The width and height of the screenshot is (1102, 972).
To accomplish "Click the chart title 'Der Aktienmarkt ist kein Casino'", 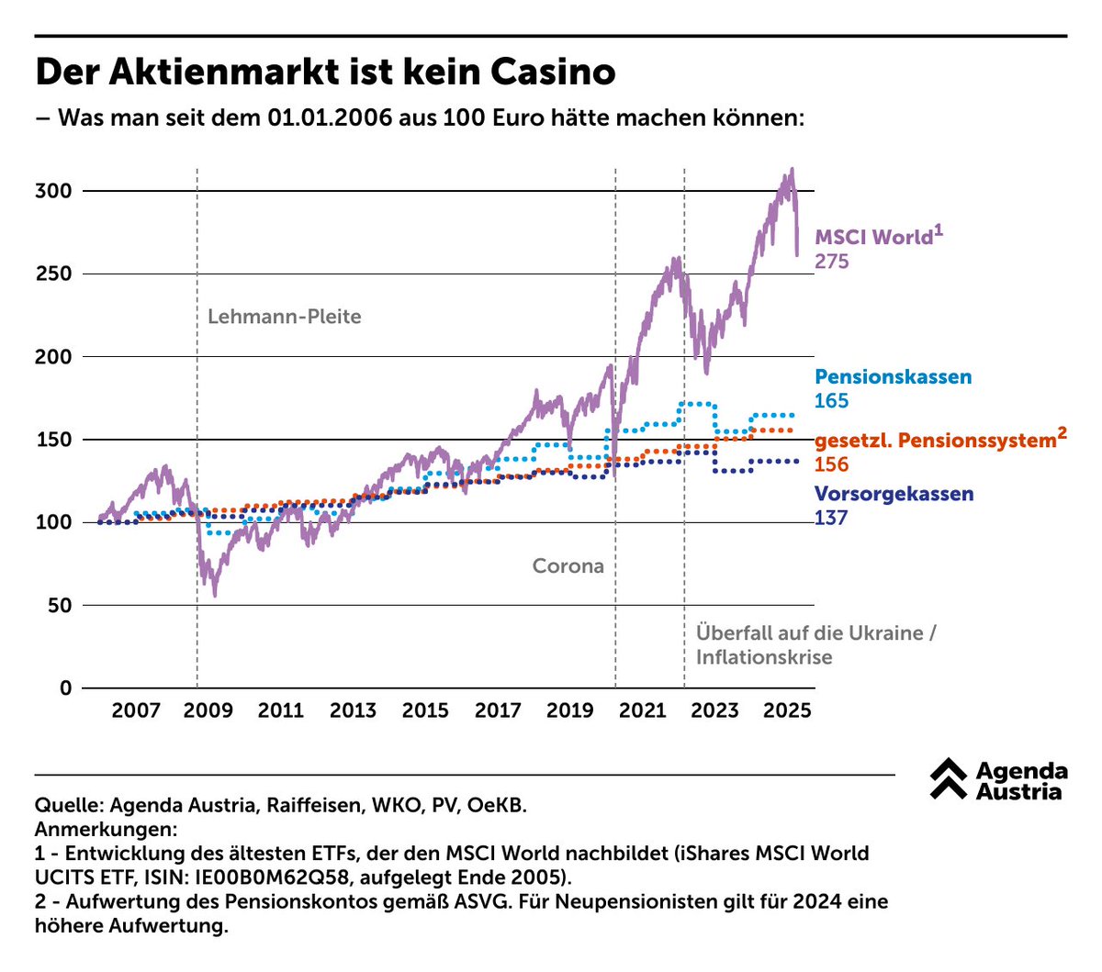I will pos(325,72).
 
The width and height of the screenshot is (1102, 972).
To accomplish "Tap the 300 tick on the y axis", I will pos(53,191).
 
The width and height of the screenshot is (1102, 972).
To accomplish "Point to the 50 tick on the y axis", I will pos(59,606).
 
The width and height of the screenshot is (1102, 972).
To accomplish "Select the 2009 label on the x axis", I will pos(208,710).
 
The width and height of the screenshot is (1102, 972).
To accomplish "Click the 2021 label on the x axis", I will pos(642,710).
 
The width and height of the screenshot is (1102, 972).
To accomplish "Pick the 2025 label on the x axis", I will pos(787,710).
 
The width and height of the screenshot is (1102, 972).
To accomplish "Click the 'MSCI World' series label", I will pos(873,237).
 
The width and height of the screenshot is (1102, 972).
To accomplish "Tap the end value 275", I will pos(832,262).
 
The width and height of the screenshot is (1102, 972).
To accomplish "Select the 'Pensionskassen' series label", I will pos(893,377).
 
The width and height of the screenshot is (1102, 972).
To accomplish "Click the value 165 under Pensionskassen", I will pos(831,401).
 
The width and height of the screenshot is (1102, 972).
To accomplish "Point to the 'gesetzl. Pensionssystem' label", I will pos(935,441).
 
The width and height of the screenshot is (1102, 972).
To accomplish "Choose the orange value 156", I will pos(831,464).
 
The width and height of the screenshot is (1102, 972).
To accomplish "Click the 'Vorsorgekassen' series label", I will pos(894,494).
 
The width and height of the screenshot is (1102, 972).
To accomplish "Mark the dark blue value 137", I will pos(831,518).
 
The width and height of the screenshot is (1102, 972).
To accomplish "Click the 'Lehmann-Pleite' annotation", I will pos(284,317).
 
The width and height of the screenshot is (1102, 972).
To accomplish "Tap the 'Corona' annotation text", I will pos(568,566).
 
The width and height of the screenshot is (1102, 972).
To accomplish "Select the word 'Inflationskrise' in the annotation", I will pos(763,657).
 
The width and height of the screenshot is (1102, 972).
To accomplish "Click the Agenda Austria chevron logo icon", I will pos(948,779).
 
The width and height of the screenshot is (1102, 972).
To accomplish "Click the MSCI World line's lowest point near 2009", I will pos(215,596).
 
